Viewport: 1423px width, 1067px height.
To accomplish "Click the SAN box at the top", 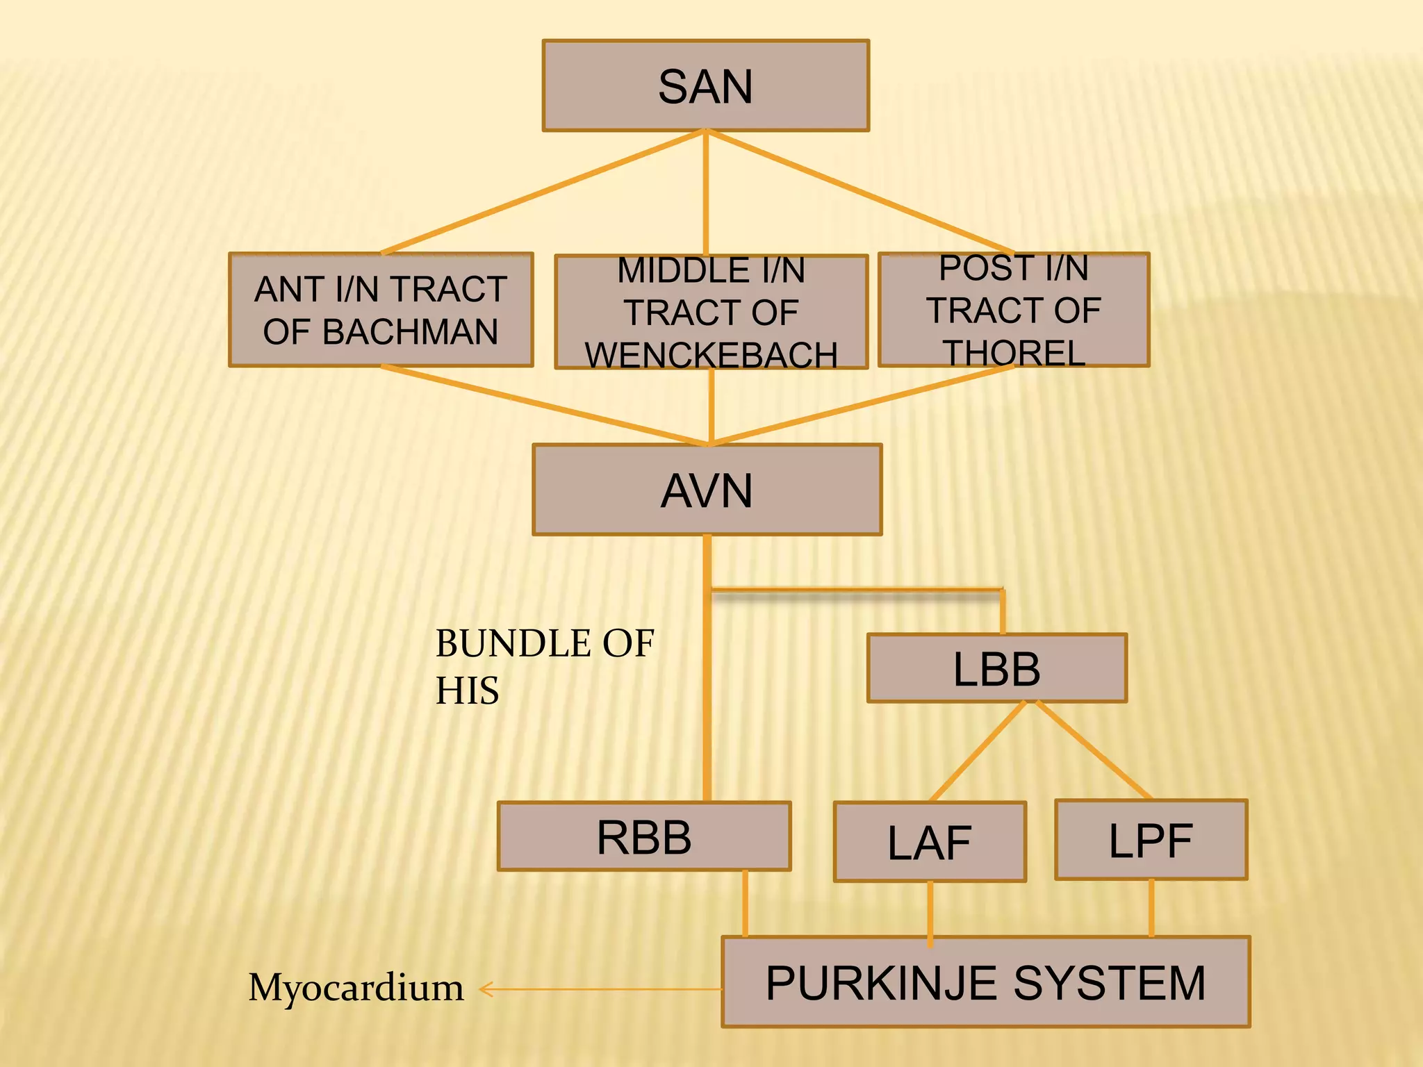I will (705, 86).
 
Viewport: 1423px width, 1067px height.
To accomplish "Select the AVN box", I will (707, 490).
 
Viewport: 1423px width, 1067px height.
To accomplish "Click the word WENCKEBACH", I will (711, 355).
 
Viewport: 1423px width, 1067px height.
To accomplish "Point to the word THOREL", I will (1014, 353).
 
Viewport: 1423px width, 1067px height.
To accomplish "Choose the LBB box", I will (996, 668).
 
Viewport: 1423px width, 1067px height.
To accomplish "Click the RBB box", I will (644, 836).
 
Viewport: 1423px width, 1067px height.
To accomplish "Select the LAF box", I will (930, 843).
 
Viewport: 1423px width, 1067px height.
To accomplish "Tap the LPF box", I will (1151, 841).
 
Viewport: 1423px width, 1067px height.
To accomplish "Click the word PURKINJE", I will (882, 983).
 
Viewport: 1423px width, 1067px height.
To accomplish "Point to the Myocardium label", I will (356, 988).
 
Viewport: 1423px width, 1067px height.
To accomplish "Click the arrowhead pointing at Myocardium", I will (485, 989).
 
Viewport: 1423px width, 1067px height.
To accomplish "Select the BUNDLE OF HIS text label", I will (543, 665).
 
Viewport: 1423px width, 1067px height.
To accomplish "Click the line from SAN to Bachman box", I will (542, 193).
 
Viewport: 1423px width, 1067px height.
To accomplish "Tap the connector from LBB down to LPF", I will (1094, 750).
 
